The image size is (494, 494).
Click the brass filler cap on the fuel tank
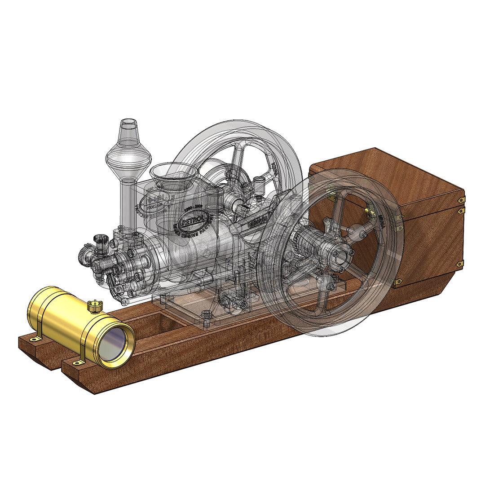click(x=95, y=306)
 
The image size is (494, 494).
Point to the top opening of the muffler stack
click(x=128, y=122)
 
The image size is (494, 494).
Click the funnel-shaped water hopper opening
click(x=174, y=171)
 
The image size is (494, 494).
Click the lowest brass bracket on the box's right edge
click(x=459, y=264)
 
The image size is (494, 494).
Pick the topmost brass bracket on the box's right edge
click(x=461, y=199)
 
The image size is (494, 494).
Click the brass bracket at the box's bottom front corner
click(x=397, y=282)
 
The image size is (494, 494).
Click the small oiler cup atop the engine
click(x=259, y=183)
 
